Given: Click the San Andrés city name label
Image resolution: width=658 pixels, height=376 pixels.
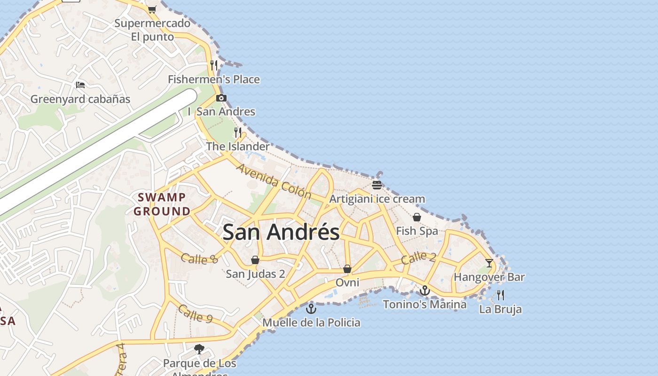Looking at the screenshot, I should [281, 232].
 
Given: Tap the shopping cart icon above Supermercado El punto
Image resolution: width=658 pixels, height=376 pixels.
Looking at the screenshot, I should [152, 9].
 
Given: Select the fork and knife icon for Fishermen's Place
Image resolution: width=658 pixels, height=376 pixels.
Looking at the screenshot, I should [214, 65].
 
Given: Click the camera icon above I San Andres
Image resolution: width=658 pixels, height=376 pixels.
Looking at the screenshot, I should [221, 98].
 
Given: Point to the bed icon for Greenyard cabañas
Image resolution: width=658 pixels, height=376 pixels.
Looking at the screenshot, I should [80, 85].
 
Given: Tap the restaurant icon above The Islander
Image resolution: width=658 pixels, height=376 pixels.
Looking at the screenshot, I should [238, 132].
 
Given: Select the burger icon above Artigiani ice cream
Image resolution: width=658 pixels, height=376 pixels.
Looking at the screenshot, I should [376, 185].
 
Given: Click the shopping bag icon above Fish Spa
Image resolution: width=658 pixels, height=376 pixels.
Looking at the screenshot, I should [416, 217].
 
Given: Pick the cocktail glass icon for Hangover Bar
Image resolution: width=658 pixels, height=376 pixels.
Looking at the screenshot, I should [489, 263].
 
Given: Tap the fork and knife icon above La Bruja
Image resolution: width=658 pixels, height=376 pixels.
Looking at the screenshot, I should [501, 295].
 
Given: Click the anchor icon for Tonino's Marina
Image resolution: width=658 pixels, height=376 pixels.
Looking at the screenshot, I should [425, 290].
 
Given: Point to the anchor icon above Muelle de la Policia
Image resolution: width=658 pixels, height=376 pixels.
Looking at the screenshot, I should [311, 309].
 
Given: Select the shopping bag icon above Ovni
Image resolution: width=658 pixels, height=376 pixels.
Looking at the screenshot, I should [347, 269].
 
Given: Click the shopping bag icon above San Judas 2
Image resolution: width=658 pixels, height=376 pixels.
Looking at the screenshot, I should [255, 260].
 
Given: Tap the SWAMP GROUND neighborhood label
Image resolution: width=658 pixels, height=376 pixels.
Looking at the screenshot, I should [162, 204].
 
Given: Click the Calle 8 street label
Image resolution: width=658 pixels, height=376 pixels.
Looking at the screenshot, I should [199, 258].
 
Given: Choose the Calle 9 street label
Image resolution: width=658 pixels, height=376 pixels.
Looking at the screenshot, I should [195, 313].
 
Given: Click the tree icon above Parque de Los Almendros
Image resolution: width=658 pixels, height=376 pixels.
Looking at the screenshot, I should [199, 349].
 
